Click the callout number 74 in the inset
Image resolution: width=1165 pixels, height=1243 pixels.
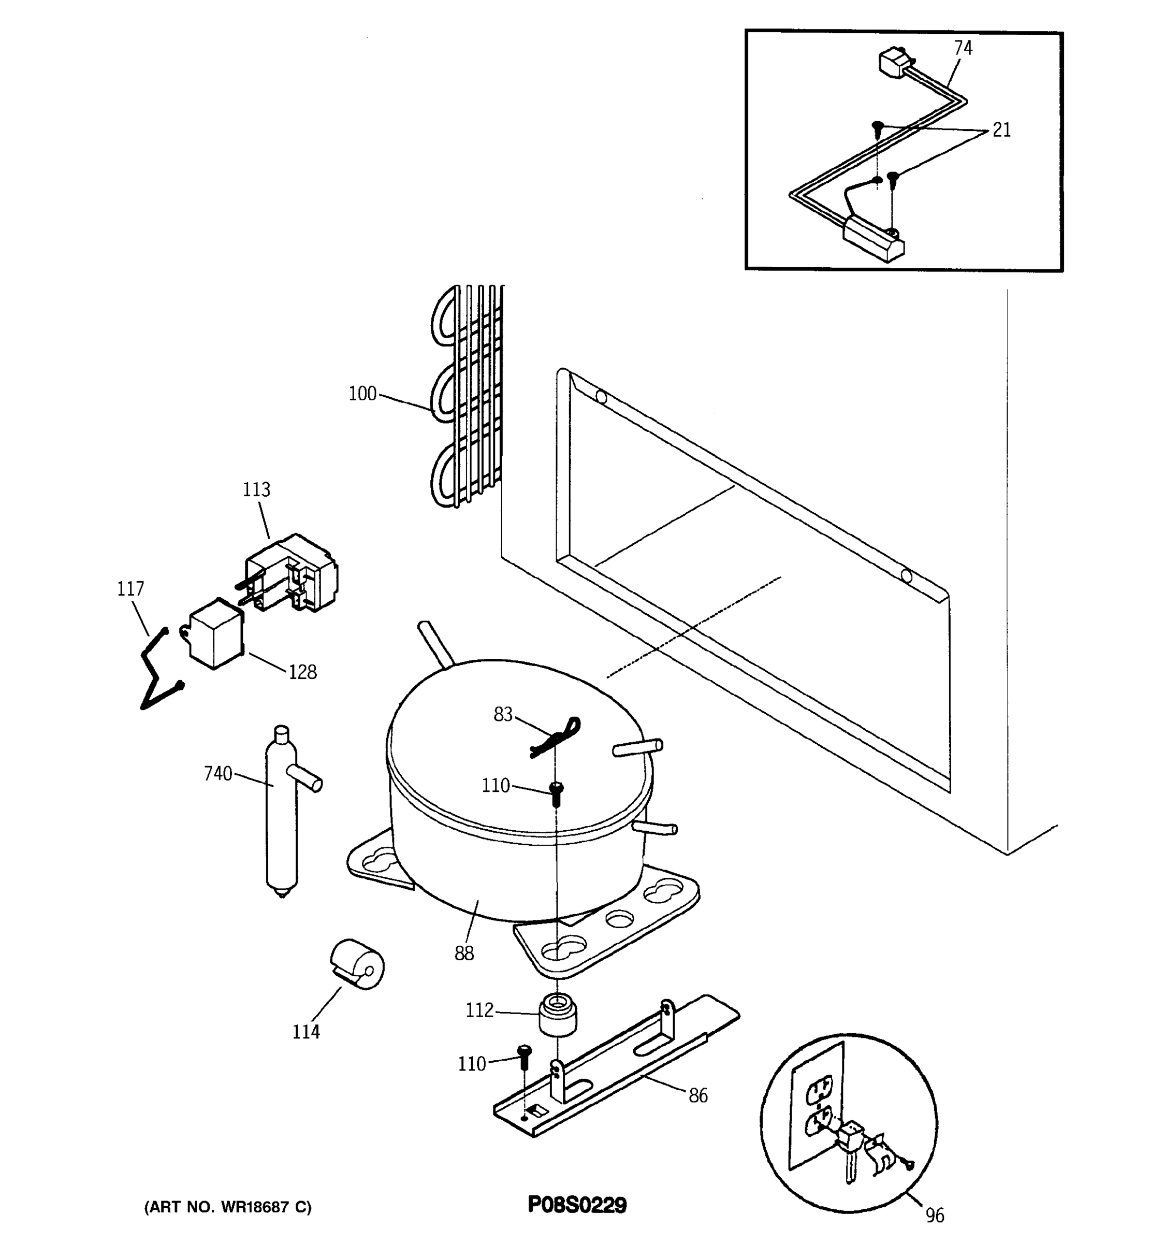(x=963, y=48)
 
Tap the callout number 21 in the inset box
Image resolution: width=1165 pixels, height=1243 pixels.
(x=1001, y=130)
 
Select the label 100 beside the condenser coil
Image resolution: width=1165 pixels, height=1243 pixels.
(x=362, y=394)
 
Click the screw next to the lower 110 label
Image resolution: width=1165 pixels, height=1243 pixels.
(x=524, y=1056)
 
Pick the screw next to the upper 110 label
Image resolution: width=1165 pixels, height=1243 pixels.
(x=556, y=793)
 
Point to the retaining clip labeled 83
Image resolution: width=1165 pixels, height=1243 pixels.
(x=555, y=738)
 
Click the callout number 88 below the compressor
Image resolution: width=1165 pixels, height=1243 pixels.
(x=464, y=953)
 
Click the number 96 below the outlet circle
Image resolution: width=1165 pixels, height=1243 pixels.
(x=935, y=1216)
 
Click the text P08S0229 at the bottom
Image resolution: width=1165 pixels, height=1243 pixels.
(x=576, y=1204)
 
